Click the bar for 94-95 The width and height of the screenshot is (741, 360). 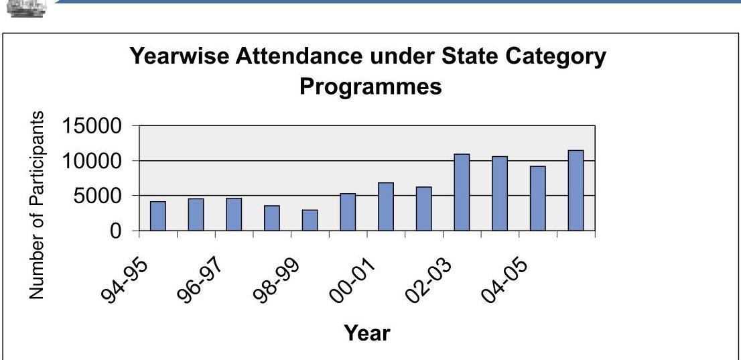[157, 216]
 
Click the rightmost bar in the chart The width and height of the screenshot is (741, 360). [576, 191]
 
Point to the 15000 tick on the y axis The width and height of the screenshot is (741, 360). [92, 126]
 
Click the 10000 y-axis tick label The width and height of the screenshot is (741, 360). [92, 161]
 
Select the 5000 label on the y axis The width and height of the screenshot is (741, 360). [98, 196]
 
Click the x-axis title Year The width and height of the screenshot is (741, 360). [366, 332]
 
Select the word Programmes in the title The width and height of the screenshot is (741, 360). [370, 86]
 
